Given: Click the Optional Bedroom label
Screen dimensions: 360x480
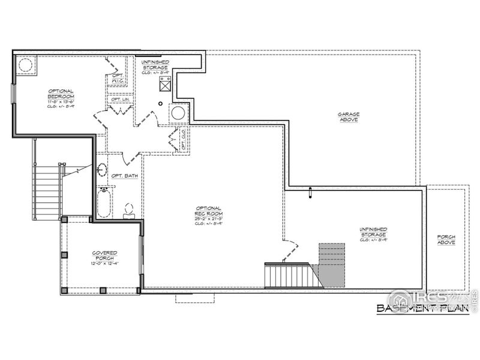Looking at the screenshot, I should click(x=61, y=97).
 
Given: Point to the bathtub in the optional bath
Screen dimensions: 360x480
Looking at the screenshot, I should click(x=103, y=202).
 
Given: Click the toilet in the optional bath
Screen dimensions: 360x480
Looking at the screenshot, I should click(x=128, y=209).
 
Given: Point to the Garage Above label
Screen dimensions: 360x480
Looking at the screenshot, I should click(x=347, y=116).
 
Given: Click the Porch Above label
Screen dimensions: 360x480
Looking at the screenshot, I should click(x=446, y=239).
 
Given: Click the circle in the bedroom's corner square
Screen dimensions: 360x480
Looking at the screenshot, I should click(x=25, y=65).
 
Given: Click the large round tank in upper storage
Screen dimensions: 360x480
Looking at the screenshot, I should click(x=178, y=112).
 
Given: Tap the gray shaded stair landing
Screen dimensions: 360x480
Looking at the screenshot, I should click(x=331, y=264).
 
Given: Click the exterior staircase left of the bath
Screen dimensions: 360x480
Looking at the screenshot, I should click(x=47, y=192).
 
